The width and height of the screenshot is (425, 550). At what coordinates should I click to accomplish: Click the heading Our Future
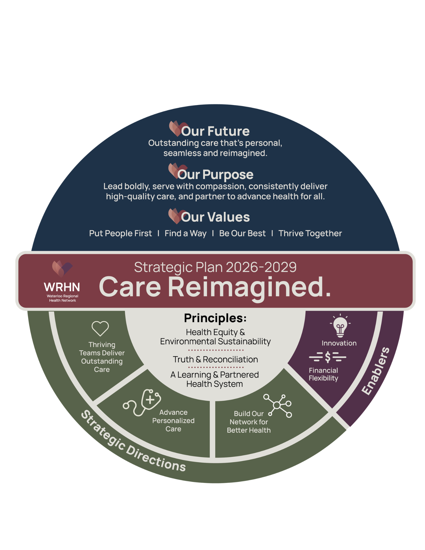click(215, 131)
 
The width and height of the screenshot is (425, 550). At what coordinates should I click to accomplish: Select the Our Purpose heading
click(215, 174)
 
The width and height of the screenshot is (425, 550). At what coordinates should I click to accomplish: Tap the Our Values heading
click(215, 217)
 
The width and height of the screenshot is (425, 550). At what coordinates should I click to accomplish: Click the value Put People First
click(120, 233)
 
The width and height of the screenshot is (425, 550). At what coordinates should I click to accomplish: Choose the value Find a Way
click(185, 233)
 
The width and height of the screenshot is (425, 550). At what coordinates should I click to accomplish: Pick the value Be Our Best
click(242, 233)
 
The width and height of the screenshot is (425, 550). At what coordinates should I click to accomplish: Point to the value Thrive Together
click(310, 233)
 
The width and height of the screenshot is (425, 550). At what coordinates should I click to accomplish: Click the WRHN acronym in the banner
click(62, 287)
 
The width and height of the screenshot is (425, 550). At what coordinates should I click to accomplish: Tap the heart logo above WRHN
click(62, 268)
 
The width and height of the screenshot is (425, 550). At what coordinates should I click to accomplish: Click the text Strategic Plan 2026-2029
click(215, 267)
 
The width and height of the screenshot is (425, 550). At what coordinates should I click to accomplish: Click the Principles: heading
click(215, 318)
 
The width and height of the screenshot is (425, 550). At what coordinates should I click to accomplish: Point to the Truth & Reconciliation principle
click(215, 359)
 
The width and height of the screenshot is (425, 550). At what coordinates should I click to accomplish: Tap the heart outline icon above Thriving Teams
click(100, 328)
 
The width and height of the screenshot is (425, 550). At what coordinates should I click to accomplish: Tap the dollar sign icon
click(327, 357)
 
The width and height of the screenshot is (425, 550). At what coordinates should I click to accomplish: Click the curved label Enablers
click(375, 371)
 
